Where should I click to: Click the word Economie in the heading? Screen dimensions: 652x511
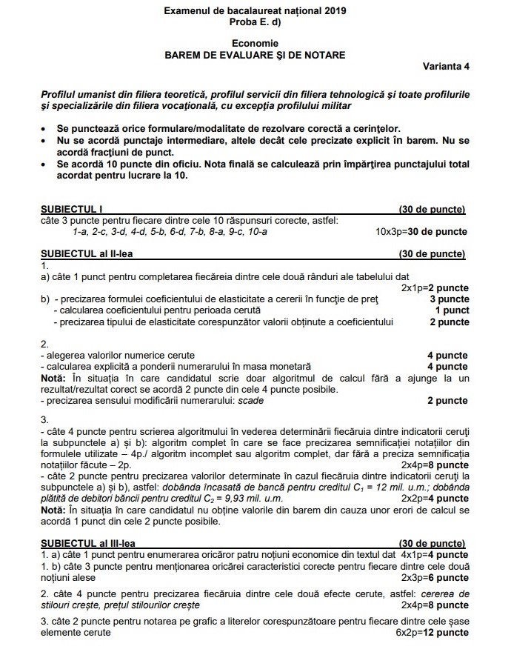pos(255,44)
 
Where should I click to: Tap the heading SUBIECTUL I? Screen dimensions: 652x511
pos(71,210)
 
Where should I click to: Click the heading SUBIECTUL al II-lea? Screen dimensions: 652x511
pos(87,253)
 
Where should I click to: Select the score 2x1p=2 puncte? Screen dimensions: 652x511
pos(435,287)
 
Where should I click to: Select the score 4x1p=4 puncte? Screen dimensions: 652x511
pos(434,553)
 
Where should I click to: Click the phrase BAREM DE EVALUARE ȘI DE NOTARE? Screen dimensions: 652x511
pos(255,55)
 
